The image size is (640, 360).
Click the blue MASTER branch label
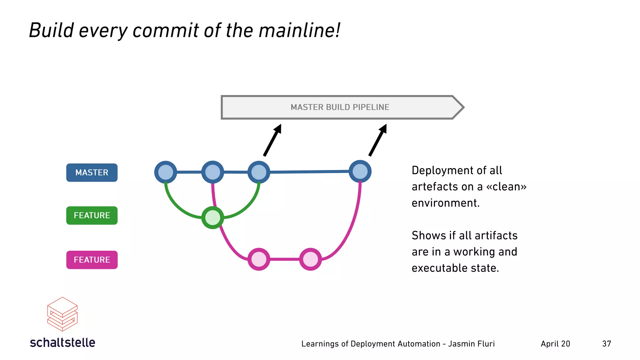(92, 172)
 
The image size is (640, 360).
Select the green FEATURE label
(92, 215)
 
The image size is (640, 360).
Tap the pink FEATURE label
(92, 260)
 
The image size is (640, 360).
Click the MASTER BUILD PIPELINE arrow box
(340, 107)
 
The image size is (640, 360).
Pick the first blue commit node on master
(166, 172)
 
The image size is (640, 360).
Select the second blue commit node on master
(213, 172)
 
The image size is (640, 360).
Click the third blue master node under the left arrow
(259, 172)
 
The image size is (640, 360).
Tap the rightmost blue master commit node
(360, 172)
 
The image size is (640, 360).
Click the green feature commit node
(213, 217)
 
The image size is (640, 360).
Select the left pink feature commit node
(259, 259)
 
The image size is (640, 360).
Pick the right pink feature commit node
(310, 259)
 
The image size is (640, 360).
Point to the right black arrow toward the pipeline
(378, 140)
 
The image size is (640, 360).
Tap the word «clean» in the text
(506, 187)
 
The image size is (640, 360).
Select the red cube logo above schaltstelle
(62, 314)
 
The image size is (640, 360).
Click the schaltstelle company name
(62, 342)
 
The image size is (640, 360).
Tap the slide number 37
(607, 344)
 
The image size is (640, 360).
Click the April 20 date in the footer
(555, 344)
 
